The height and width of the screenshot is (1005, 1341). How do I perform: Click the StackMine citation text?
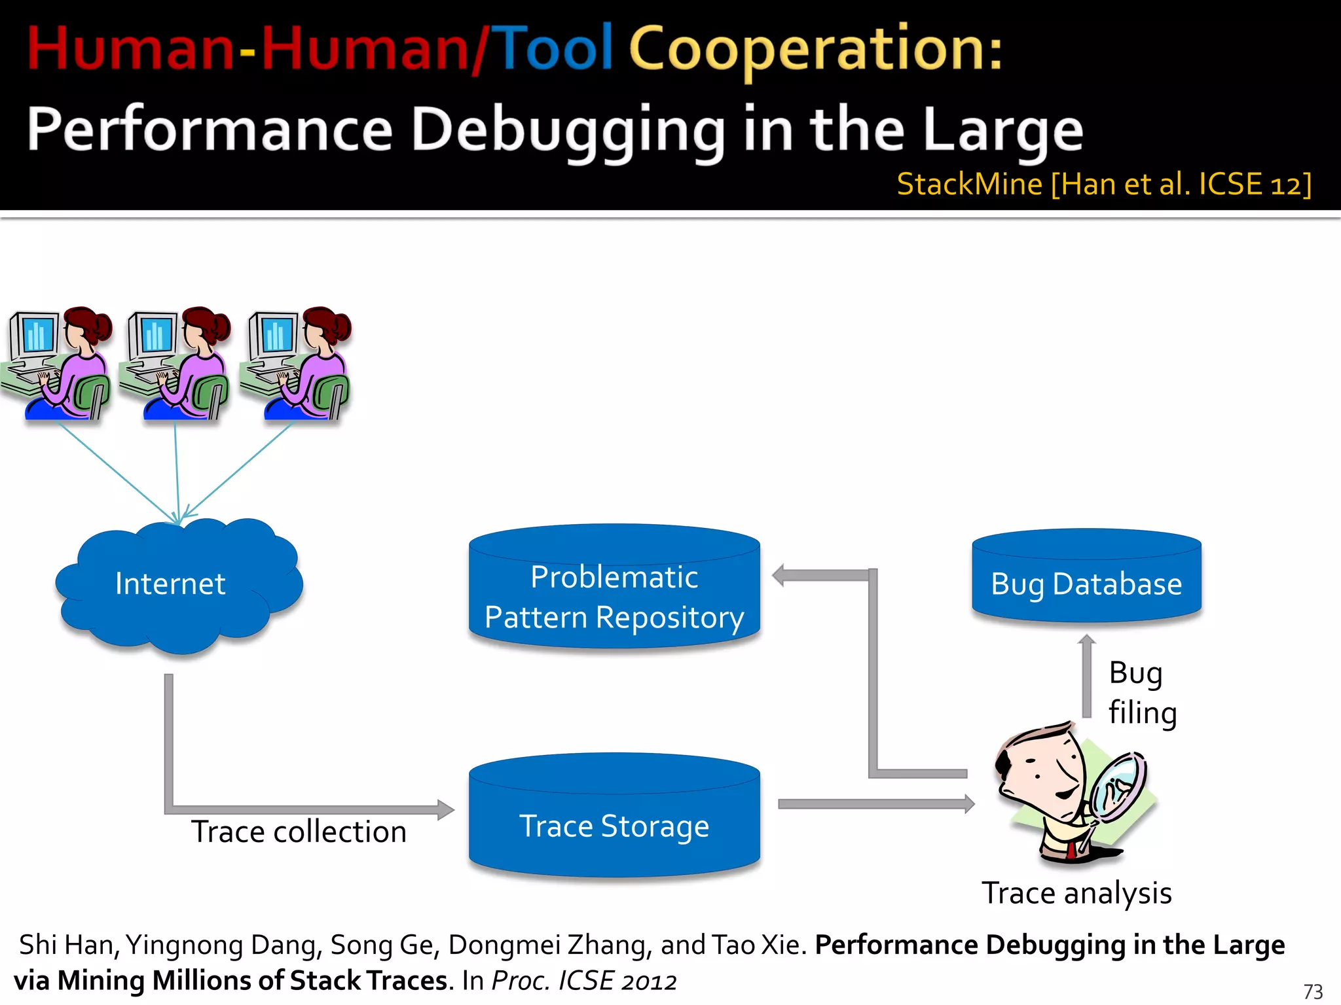point(1104,185)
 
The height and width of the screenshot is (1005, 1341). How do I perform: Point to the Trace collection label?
point(299,832)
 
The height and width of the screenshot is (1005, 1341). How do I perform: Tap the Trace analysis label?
point(1076,893)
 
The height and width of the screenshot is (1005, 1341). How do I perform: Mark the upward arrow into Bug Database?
point(1087,677)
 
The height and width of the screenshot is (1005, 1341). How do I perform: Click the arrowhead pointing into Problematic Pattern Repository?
point(779,576)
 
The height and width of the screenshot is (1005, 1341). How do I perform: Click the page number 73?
point(1313,991)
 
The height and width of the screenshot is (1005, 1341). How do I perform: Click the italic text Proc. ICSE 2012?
point(584,981)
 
